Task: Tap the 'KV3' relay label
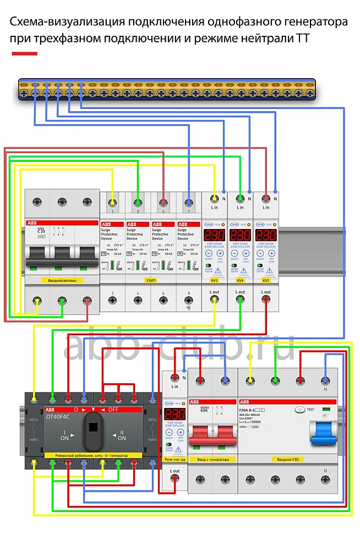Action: click(x=215, y=281)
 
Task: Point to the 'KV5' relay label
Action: click(x=266, y=281)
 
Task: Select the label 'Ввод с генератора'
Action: click(x=212, y=459)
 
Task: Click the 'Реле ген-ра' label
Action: click(x=174, y=459)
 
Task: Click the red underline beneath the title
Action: click(x=25, y=53)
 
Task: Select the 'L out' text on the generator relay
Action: click(x=174, y=471)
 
